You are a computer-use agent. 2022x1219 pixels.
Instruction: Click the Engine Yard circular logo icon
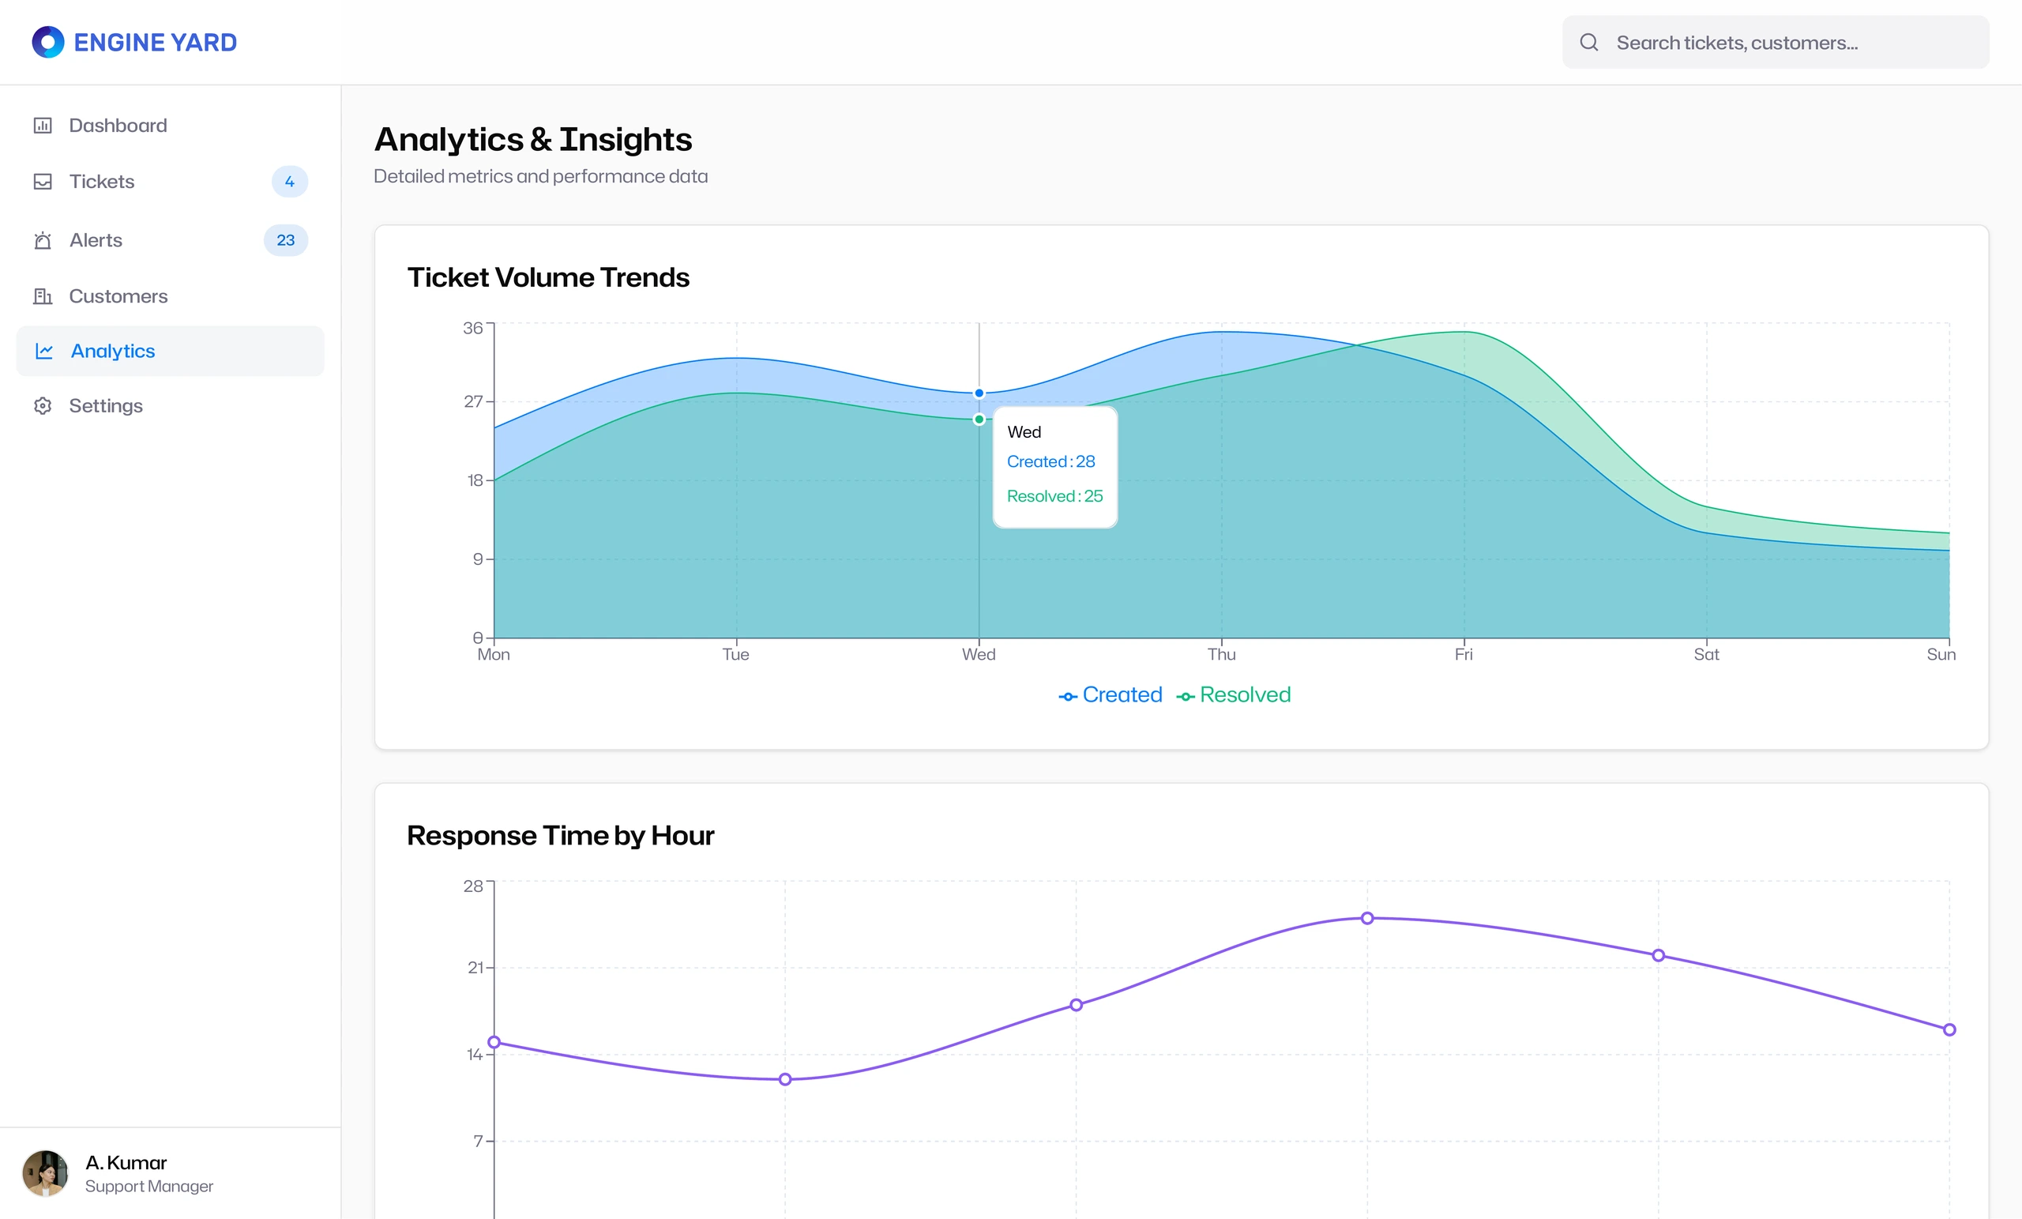(47, 42)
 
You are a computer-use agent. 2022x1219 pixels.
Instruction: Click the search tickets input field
(1775, 42)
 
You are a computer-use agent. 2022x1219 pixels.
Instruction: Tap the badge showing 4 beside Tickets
(290, 182)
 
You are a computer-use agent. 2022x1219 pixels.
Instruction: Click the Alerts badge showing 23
(286, 240)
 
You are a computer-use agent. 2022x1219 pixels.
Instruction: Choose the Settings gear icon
(43, 405)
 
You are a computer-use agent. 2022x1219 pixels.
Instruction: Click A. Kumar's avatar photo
(45, 1173)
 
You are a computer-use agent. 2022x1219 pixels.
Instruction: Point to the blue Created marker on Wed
(979, 393)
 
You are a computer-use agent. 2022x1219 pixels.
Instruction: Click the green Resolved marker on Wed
(979, 420)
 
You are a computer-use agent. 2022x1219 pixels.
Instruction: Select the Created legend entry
(1111, 695)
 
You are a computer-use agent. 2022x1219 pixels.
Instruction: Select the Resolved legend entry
(1234, 695)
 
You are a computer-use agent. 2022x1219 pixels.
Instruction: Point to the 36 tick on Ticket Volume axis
(473, 328)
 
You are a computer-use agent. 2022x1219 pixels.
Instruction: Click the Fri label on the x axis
(1464, 654)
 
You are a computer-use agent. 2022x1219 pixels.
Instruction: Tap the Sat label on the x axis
(1706, 654)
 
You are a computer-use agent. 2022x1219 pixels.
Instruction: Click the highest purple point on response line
(1367, 919)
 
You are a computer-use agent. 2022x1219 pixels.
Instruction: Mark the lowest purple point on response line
(785, 1079)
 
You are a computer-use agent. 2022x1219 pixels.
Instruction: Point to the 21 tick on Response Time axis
(475, 968)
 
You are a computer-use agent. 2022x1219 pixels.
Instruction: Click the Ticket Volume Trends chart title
(548, 277)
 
